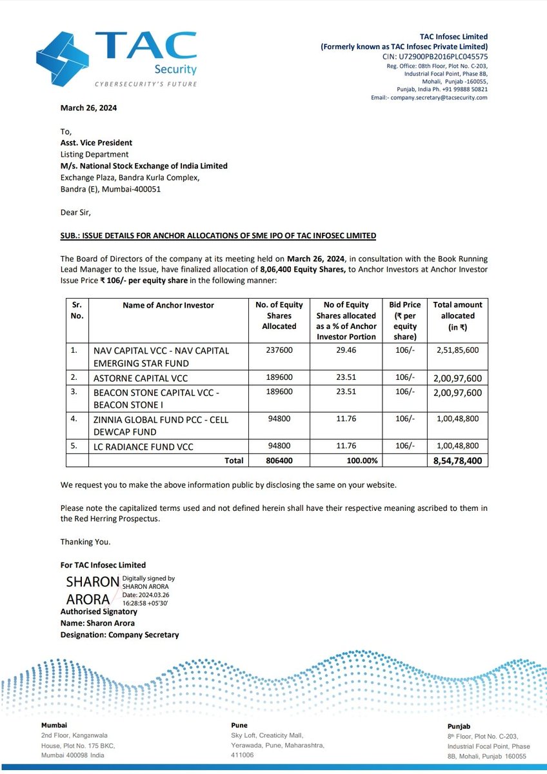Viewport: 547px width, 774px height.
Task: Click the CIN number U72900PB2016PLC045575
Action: tap(435, 57)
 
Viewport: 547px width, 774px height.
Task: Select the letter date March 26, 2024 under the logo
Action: tap(89, 108)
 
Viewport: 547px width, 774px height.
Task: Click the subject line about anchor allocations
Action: tap(218, 236)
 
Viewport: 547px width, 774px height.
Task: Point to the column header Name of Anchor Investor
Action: tap(168, 305)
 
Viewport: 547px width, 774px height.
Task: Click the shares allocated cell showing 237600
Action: tap(279, 350)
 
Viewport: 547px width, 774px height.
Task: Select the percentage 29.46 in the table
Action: tap(346, 350)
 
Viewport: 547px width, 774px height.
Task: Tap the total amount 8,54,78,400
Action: tap(457, 461)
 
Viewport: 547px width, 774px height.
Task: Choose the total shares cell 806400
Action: tap(279, 461)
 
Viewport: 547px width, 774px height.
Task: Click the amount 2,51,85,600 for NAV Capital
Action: tap(457, 350)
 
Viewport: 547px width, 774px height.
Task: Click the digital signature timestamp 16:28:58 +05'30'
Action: tap(141, 602)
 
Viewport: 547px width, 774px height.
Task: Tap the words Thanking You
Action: tap(85, 542)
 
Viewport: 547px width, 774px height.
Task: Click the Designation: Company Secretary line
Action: tap(119, 635)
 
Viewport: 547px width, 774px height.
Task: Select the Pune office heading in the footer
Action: tap(239, 725)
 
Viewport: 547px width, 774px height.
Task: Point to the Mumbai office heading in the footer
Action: tap(54, 725)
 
